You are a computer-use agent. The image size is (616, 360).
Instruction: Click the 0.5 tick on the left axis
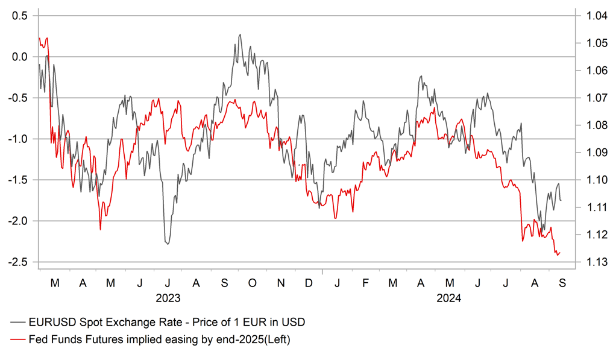point(20,16)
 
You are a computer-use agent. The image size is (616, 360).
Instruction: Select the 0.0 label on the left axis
point(20,57)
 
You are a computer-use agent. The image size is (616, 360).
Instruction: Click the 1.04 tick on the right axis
point(589,16)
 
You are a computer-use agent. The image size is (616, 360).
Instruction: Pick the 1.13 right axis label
point(589,262)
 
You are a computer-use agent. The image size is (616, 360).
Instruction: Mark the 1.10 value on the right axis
point(589,180)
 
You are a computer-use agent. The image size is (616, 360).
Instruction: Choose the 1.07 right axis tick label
point(589,98)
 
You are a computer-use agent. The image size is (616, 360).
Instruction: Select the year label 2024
point(448,297)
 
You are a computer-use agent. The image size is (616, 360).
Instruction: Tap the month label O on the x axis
point(252,282)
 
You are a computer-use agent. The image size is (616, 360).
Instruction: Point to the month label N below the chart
point(280,282)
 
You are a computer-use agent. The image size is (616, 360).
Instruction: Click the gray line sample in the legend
point(18,321)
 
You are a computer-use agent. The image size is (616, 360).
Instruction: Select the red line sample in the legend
point(18,340)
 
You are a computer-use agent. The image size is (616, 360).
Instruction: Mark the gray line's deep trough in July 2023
point(167,244)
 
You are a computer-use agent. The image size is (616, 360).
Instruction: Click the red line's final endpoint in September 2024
point(560,252)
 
